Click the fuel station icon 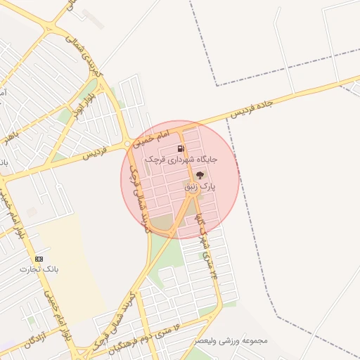pos(181,148)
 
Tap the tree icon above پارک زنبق pos(200,175)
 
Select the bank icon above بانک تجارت pos(39,259)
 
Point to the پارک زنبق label pos(200,187)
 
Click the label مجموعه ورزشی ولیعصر pos(231,341)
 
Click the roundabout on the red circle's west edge pos(127,144)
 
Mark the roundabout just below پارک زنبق pos(191,198)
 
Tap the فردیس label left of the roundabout pos(96,153)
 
